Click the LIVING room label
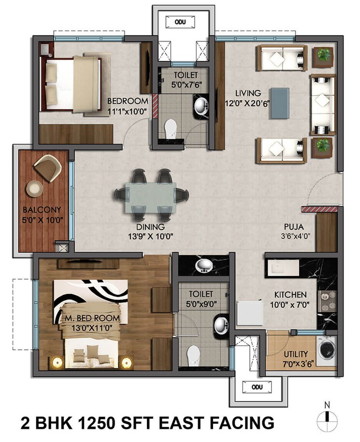pos(248,93)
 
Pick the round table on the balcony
pos(34,188)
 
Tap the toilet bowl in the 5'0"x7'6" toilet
pos(171,128)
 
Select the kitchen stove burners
pos(327,303)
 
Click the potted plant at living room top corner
pos(322,55)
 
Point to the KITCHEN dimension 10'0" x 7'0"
pos(290,304)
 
